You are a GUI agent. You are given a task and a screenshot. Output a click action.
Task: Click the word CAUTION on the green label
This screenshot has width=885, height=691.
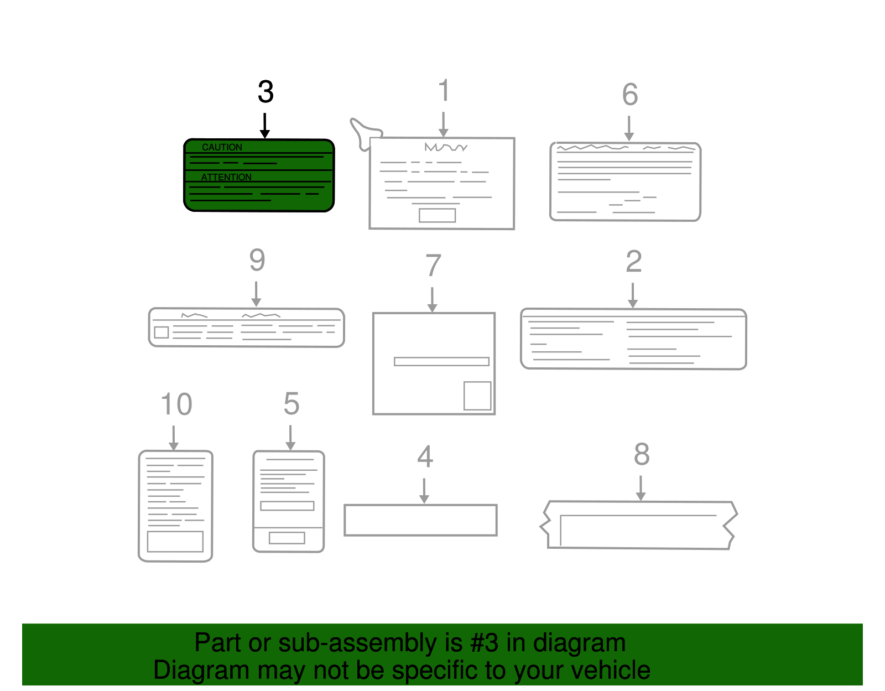pyautogui.click(x=222, y=147)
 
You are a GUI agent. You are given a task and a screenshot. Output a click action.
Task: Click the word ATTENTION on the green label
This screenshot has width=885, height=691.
pyautogui.click(x=226, y=177)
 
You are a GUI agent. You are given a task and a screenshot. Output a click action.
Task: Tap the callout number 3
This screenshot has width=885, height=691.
pyautogui.click(x=265, y=92)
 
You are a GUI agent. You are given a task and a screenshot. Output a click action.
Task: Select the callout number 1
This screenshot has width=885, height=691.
pyautogui.click(x=444, y=90)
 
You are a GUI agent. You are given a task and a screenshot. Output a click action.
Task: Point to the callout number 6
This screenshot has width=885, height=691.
pyautogui.click(x=630, y=94)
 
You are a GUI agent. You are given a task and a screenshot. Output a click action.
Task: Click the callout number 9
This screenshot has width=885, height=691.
pyautogui.click(x=257, y=260)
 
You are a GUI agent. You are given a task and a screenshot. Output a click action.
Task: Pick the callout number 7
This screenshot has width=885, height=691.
pyautogui.click(x=433, y=265)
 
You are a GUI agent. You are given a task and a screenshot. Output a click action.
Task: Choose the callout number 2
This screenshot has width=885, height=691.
pyautogui.click(x=634, y=261)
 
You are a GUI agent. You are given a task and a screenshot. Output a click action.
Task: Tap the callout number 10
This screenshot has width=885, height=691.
pyautogui.click(x=176, y=404)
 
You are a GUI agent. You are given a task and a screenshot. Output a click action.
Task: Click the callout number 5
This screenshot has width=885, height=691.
pyautogui.click(x=291, y=403)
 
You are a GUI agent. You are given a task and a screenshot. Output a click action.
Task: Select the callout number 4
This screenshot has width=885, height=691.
pyautogui.click(x=425, y=456)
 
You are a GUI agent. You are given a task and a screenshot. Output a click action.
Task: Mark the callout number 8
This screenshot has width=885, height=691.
pyautogui.click(x=642, y=454)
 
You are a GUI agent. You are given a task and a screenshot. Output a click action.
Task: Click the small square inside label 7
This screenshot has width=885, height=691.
pyautogui.click(x=477, y=396)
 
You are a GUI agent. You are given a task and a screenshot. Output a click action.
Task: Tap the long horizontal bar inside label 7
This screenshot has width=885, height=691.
pyautogui.click(x=441, y=362)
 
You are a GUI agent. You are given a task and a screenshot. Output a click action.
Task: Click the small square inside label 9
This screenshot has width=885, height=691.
pyautogui.click(x=162, y=332)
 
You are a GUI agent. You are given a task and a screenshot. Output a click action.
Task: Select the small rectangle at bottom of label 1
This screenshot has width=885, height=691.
pyautogui.click(x=438, y=215)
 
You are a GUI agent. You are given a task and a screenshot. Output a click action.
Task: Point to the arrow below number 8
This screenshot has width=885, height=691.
pyautogui.click(x=641, y=488)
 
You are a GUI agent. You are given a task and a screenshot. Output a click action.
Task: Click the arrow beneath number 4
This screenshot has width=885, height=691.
pyautogui.click(x=424, y=491)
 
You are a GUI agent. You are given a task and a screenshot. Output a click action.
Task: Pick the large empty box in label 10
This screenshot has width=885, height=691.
pyautogui.click(x=175, y=542)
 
